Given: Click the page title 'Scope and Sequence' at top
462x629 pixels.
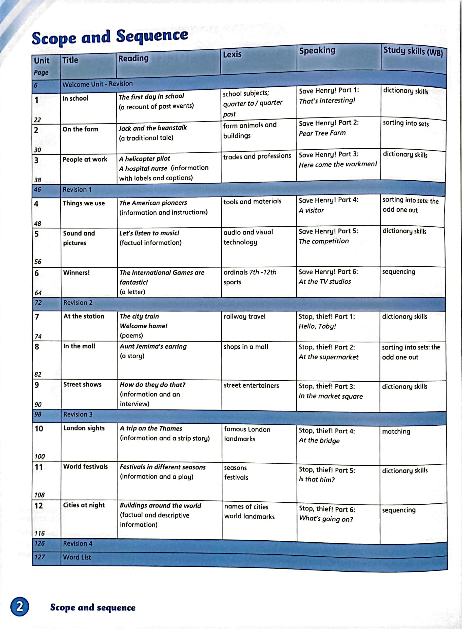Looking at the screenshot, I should [110, 37].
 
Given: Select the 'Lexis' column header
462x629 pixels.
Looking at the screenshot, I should [232, 54].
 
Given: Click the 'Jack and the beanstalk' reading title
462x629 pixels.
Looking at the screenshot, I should [153, 128].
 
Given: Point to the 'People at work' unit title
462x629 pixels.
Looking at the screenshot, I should [85, 159].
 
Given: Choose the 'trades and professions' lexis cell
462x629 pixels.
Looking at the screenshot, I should [257, 156].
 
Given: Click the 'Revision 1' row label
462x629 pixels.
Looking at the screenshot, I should [77, 190].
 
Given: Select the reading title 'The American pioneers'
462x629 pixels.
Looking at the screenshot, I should [153, 203].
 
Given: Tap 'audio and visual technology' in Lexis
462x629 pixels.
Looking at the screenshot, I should [248, 237].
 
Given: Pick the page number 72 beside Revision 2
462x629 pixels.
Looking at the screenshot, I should [38, 303].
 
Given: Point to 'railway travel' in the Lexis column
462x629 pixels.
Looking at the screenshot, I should [244, 317].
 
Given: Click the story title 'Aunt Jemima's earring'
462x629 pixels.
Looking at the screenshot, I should [153, 346].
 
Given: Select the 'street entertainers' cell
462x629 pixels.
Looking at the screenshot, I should [251, 385].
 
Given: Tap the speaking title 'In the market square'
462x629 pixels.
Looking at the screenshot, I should [331, 396].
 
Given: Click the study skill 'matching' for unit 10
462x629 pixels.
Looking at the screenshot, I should [396, 431].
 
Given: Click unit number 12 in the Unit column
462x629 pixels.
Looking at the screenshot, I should [38, 505].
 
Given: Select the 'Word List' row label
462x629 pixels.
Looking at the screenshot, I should [77, 557].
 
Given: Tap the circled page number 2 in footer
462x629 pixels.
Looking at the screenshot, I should [20, 607].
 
